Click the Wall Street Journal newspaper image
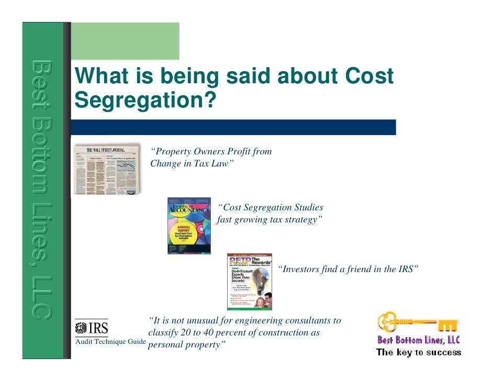point(107,168)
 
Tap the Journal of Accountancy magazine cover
point(190,226)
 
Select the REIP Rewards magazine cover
point(249,282)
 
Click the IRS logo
point(92,329)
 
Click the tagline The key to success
point(419,352)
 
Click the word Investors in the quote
point(300,270)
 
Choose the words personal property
point(186,345)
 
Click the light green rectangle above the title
point(125,41)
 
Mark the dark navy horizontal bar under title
point(233,127)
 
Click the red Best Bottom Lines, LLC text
point(419,340)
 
